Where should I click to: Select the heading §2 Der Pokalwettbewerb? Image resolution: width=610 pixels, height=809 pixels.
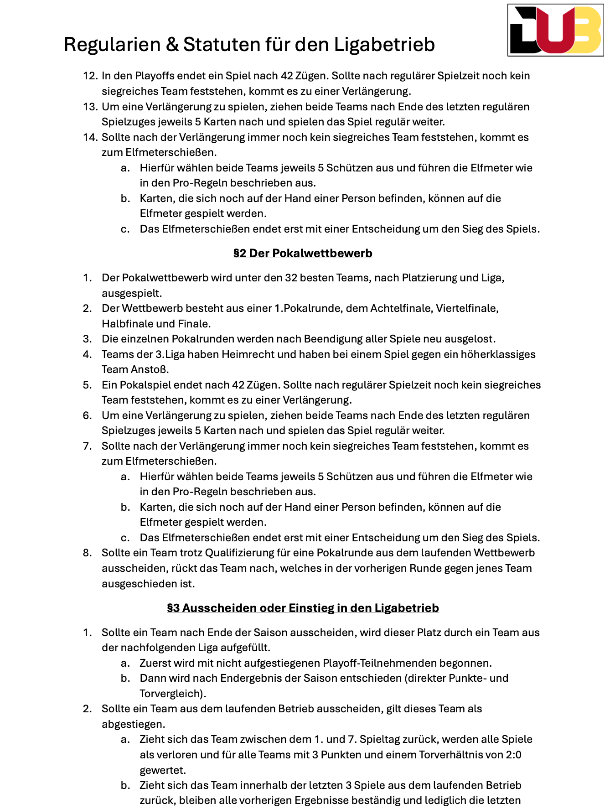tap(303, 253)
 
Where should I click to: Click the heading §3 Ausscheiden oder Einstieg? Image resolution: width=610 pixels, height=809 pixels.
tap(303, 608)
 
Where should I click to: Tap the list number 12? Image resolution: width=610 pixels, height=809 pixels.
tap(90, 76)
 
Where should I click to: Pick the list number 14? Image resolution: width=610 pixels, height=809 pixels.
tap(90, 137)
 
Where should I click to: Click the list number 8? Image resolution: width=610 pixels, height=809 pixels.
tap(87, 553)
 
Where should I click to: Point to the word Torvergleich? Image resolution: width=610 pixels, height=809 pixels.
tap(171, 694)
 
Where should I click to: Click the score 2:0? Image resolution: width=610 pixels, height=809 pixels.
tap(513, 755)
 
